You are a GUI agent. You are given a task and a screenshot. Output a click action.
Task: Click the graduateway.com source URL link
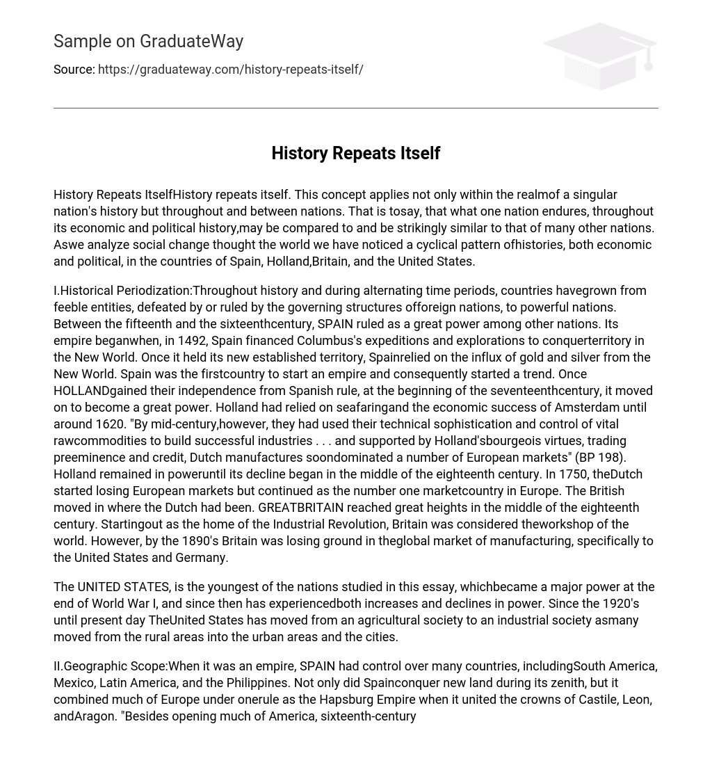(230, 70)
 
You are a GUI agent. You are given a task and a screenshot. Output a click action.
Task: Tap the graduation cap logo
(600, 56)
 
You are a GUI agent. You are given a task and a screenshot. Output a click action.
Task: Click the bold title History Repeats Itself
(355, 153)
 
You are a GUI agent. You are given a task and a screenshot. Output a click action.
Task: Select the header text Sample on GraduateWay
(148, 42)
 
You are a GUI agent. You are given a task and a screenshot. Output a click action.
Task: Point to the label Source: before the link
(74, 70)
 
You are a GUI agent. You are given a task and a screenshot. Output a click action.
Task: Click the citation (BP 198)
(600, 458)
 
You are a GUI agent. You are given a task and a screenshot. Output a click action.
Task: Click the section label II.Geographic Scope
(110, 666)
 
